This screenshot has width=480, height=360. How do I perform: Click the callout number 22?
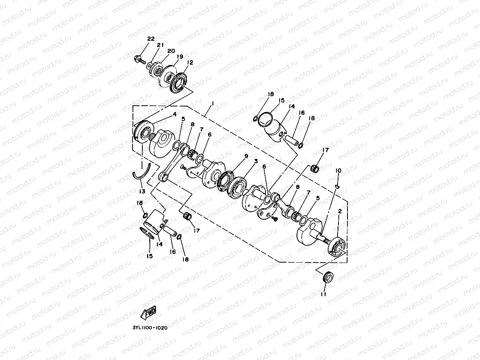pos(151,39)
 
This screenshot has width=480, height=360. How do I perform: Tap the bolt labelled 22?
pos(140,60)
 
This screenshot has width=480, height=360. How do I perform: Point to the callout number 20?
pos(171,51)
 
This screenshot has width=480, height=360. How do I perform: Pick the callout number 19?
pos(180,57)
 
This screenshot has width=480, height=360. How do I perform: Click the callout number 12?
pos(190,62)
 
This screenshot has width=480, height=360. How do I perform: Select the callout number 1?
pos(213,103)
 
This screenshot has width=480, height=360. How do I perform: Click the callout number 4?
pos(174,115)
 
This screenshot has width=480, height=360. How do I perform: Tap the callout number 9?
pos(246,156)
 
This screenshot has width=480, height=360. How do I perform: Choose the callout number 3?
pos(256,161)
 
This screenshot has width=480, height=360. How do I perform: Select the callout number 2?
pos(340,212)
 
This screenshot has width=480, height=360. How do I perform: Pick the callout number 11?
pos(323,294)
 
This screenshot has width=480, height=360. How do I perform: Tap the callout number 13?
pos(142,191)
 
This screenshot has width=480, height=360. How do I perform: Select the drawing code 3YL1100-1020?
pos(150,327)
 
